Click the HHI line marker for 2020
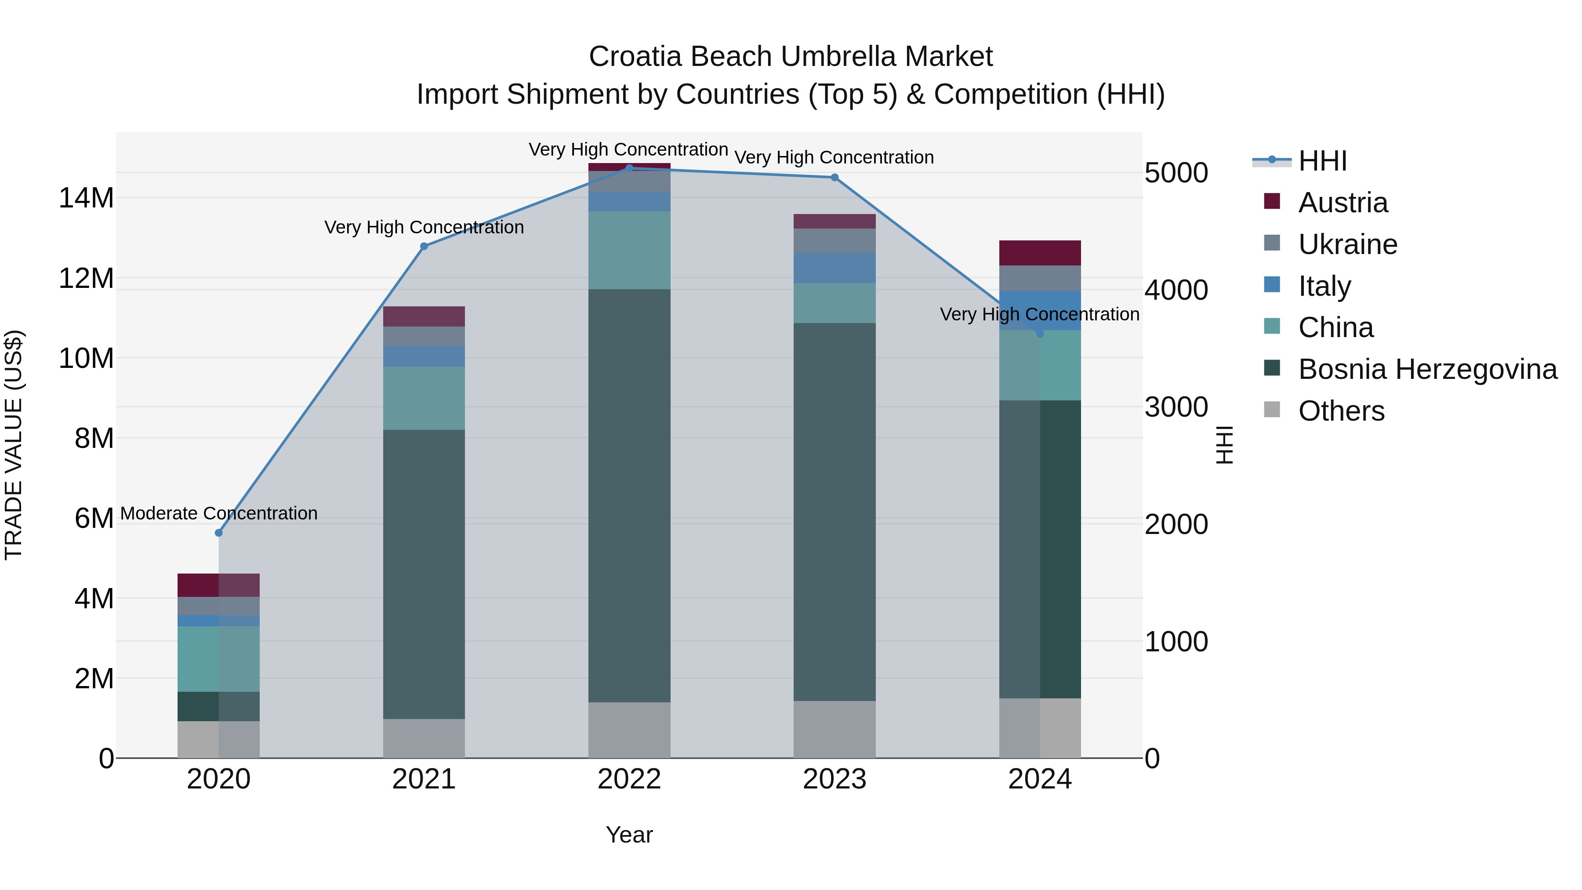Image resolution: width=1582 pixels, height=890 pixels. pos(219,533)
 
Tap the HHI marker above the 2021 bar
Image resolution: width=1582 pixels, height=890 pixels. pos(424,246)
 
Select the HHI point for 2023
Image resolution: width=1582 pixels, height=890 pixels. pos(835,178)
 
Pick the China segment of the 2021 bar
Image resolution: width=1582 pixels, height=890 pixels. pos(424,398)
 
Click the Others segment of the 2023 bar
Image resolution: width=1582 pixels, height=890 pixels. pos(835,729)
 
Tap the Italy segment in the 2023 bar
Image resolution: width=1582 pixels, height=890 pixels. pos(835,268)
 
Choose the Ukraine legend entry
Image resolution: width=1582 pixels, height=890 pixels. pos(1347,244)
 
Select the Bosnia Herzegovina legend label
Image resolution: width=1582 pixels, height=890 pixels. pos(1427,369)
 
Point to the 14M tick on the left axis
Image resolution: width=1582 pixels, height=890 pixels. pos(86,198)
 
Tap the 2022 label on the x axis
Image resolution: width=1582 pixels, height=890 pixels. pos(629,779)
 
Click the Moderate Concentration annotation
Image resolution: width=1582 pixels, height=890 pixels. pos(219,513)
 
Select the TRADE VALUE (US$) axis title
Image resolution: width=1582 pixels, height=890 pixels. pos(14,445)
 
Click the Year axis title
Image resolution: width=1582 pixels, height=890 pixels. pos(629,835)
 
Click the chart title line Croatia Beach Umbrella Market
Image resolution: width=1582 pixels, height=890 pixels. pos(791,57)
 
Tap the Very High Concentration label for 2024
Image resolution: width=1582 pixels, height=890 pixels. pos(1039,314)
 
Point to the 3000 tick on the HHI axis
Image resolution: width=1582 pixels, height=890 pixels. pos(1176,407)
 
